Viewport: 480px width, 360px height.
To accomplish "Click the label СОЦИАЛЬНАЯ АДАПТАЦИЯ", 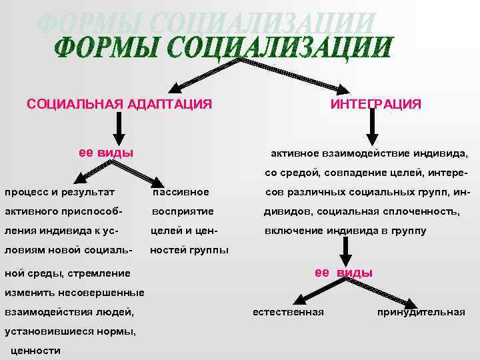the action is [119, 104].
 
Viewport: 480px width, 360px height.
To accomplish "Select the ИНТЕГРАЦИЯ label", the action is [375, 104].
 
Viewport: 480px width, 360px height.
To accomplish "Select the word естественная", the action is [288, 312].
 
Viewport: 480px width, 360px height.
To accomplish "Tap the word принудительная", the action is [421, 312].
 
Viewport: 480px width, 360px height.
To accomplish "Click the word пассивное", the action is [181, 193].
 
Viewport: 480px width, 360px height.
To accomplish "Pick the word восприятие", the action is [183, 211].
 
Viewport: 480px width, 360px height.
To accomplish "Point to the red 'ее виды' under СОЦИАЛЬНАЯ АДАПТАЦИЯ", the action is [106, 151].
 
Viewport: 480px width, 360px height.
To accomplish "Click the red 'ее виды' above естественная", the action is [343, 273].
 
